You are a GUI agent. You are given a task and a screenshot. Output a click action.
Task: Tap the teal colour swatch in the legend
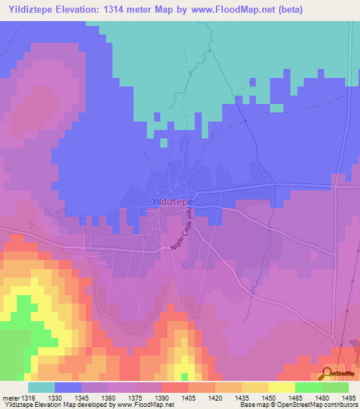(41, 387)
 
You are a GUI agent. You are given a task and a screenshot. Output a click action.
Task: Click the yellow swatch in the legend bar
(281, 387)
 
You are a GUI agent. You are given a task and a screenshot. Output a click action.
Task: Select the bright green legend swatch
(308, 387)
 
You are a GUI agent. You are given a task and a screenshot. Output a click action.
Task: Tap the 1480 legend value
(323, 398)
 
